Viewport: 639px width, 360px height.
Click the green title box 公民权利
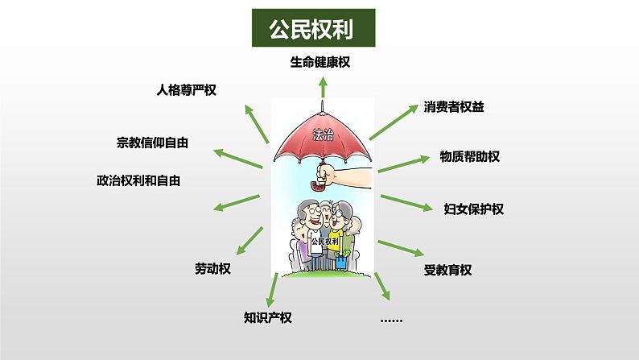(x=313, y=27)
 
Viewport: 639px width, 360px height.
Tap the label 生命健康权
(x=320, y=62)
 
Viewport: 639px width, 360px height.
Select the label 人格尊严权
(x=186, y=90)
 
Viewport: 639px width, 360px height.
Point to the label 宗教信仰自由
(x=152, y=143)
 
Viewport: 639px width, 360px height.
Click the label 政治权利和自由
(x=138, y=180)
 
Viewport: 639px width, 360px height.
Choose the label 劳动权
(x=212, y=269)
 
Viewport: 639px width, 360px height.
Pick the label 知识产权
(x=268, y=317)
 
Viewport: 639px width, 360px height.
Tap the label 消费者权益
(x=454, y=107)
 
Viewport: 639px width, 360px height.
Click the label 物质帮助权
(x=469, y=156)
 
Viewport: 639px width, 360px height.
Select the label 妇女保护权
(x=473, y=209)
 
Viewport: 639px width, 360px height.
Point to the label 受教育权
(x=447, y=270)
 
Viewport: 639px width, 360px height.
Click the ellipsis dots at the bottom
(x=391, y=321)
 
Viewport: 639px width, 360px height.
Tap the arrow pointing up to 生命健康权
(x=324, y=88)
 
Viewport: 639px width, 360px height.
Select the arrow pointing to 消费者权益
(x=394, y=122)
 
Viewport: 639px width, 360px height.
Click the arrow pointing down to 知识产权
(x=272, y=290)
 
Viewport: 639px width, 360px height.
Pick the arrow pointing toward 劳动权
(x=249, y=241)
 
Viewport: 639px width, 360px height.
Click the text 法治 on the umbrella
(x=323, y=134)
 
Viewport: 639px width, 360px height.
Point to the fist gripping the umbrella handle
(x=326, y=174)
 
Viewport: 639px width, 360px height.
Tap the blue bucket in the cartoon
(x=341, y=261)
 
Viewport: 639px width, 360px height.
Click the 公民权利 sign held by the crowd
(x=324, y=242)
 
